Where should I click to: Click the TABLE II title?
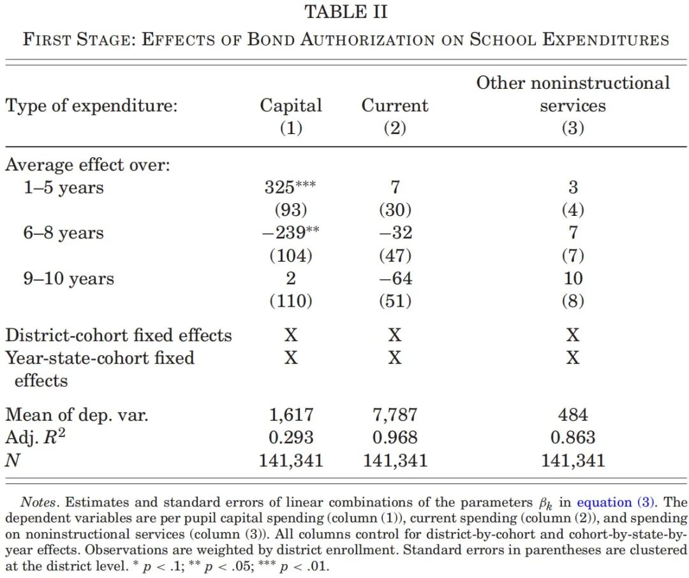click(x=346, y=12)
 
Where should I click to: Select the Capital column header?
click(x=291, y=105)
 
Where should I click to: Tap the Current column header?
click(x=395, y=105)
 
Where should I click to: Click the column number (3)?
click(x=573, y=128)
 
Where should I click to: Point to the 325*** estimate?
click(x=290, y=187)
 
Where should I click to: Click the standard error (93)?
click(x=291, y=210)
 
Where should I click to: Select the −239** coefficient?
click(x=290, y=232)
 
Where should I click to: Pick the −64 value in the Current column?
click(x=396, y=278)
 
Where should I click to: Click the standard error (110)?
click(x=291, y=301)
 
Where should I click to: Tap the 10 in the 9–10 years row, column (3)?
click(x=573, y=278)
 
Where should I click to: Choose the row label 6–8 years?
click(x=64, y=232)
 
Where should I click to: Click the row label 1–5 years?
click(x=64, y=187)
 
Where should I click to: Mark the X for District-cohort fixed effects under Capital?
click(x=291, y=335)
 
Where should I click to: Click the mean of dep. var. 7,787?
click(x=395, y=414)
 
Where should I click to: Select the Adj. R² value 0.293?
click(x=291, y=437)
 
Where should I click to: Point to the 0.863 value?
click(x=573, y=437)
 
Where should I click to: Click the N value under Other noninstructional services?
click(x=573, y=460)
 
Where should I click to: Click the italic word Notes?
click(x=39, y=503)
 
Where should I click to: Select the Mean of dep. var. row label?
click(x=77, y=414)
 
